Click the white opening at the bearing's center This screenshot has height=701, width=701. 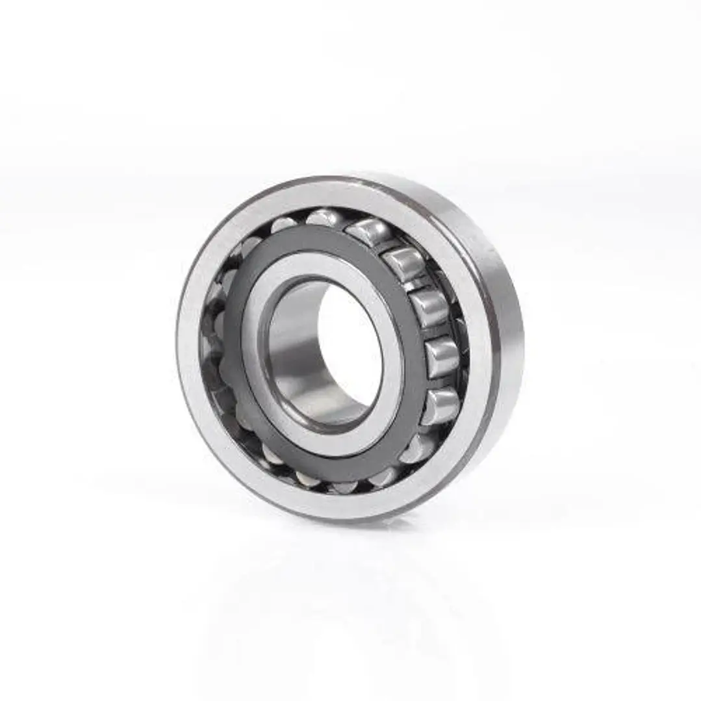point(351,351)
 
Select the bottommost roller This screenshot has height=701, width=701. point(344,485)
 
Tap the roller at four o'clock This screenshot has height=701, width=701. point(441,406)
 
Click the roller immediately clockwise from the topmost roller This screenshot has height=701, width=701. point(368,231)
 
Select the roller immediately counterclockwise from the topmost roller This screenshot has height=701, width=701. point(284,225)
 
